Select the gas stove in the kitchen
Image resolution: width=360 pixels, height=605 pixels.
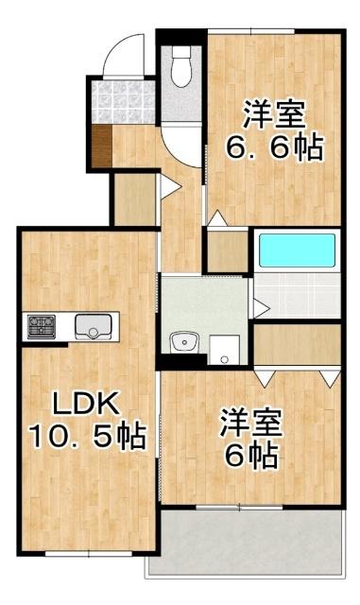tap(42, 327)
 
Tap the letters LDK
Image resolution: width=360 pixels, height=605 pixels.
tap(84, 405)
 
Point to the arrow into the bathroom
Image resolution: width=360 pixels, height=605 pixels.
tap(259, 306)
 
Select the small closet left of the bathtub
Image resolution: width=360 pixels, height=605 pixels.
tap(227, 251)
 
